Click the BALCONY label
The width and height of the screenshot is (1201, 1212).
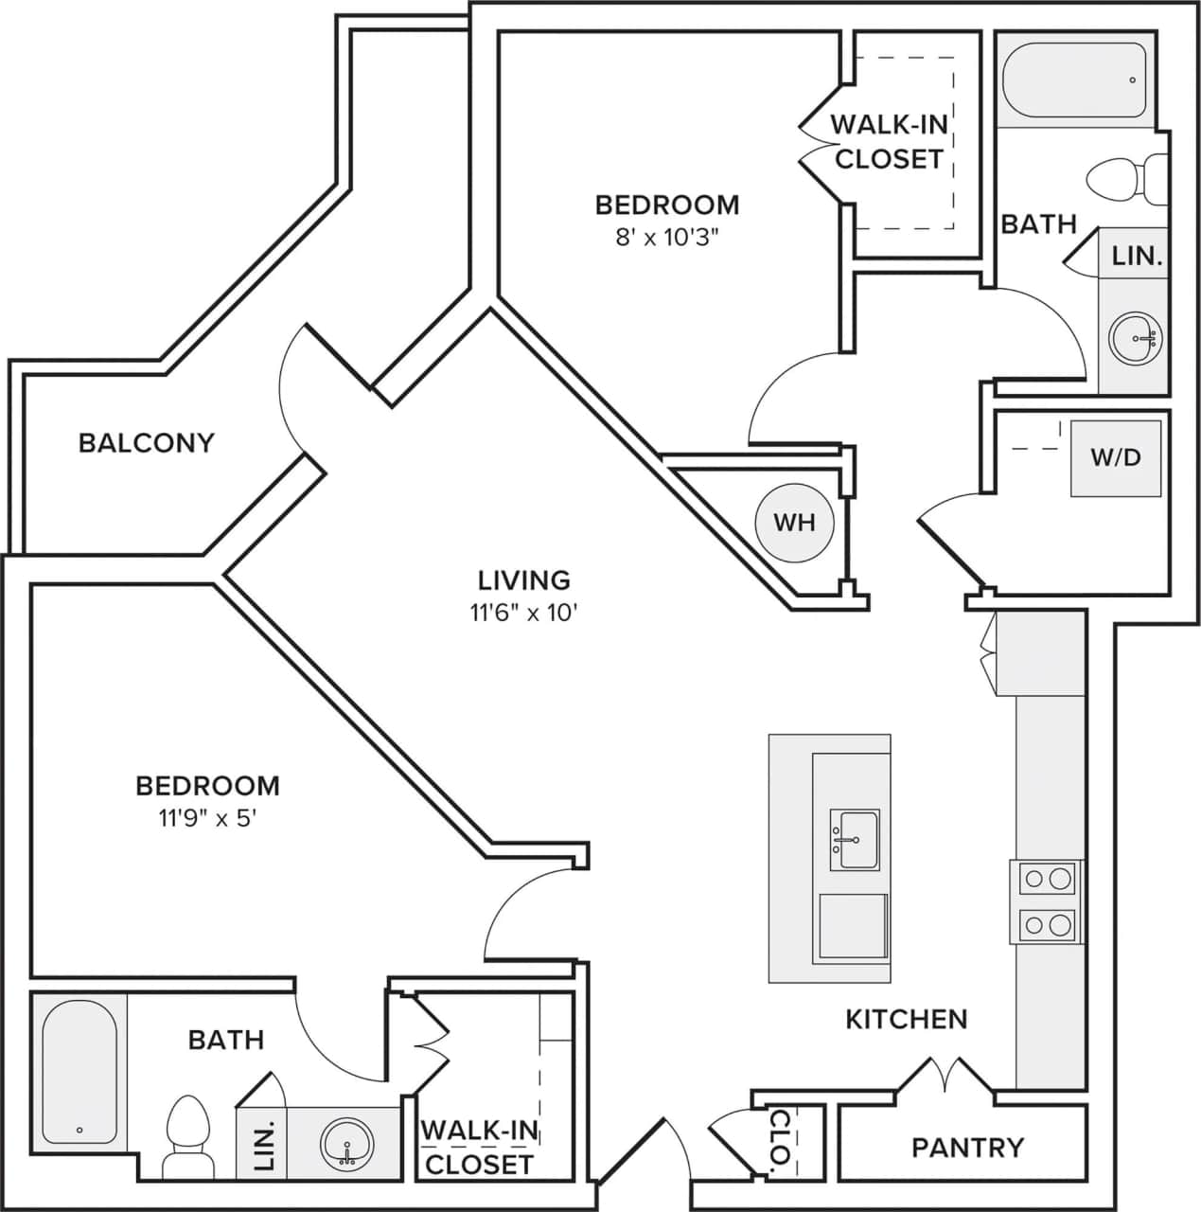coord(146,443)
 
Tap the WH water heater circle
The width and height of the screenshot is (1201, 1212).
coord(794,523)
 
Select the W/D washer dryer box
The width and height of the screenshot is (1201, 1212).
coord(1116,458)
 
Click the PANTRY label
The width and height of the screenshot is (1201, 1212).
coord(967,1148)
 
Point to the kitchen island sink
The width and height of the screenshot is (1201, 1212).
coord(855,839)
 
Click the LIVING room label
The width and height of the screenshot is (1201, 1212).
coord(523,579)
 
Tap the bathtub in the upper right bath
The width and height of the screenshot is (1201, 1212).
coord(1074,80)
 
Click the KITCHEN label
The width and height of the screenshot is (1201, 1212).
coord(906,1020)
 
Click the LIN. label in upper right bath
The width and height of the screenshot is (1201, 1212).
coord(1136,256)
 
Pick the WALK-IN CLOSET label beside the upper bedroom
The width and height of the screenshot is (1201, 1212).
coord(889,141)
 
